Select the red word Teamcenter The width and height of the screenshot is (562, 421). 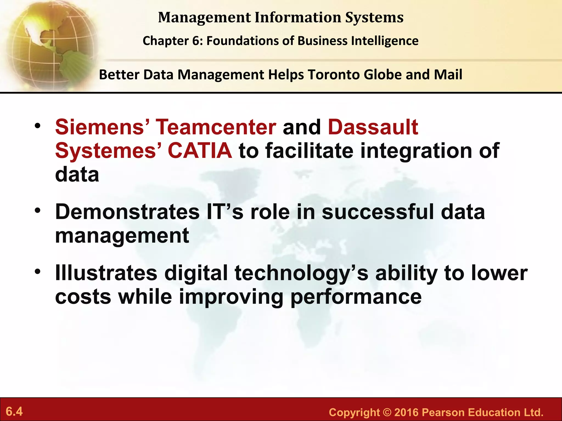click(x=216, y=127)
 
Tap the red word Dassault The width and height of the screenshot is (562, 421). click(x=373, y=127)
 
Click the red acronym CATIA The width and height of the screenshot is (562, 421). click(x=200, y=151)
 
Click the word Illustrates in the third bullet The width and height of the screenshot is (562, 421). click(x=106, y=273)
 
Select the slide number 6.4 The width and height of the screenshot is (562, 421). click(x=14, y=411)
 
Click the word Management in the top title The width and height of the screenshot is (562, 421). click(x=204, y=18)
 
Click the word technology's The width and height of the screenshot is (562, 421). click(x=302, y=274)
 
